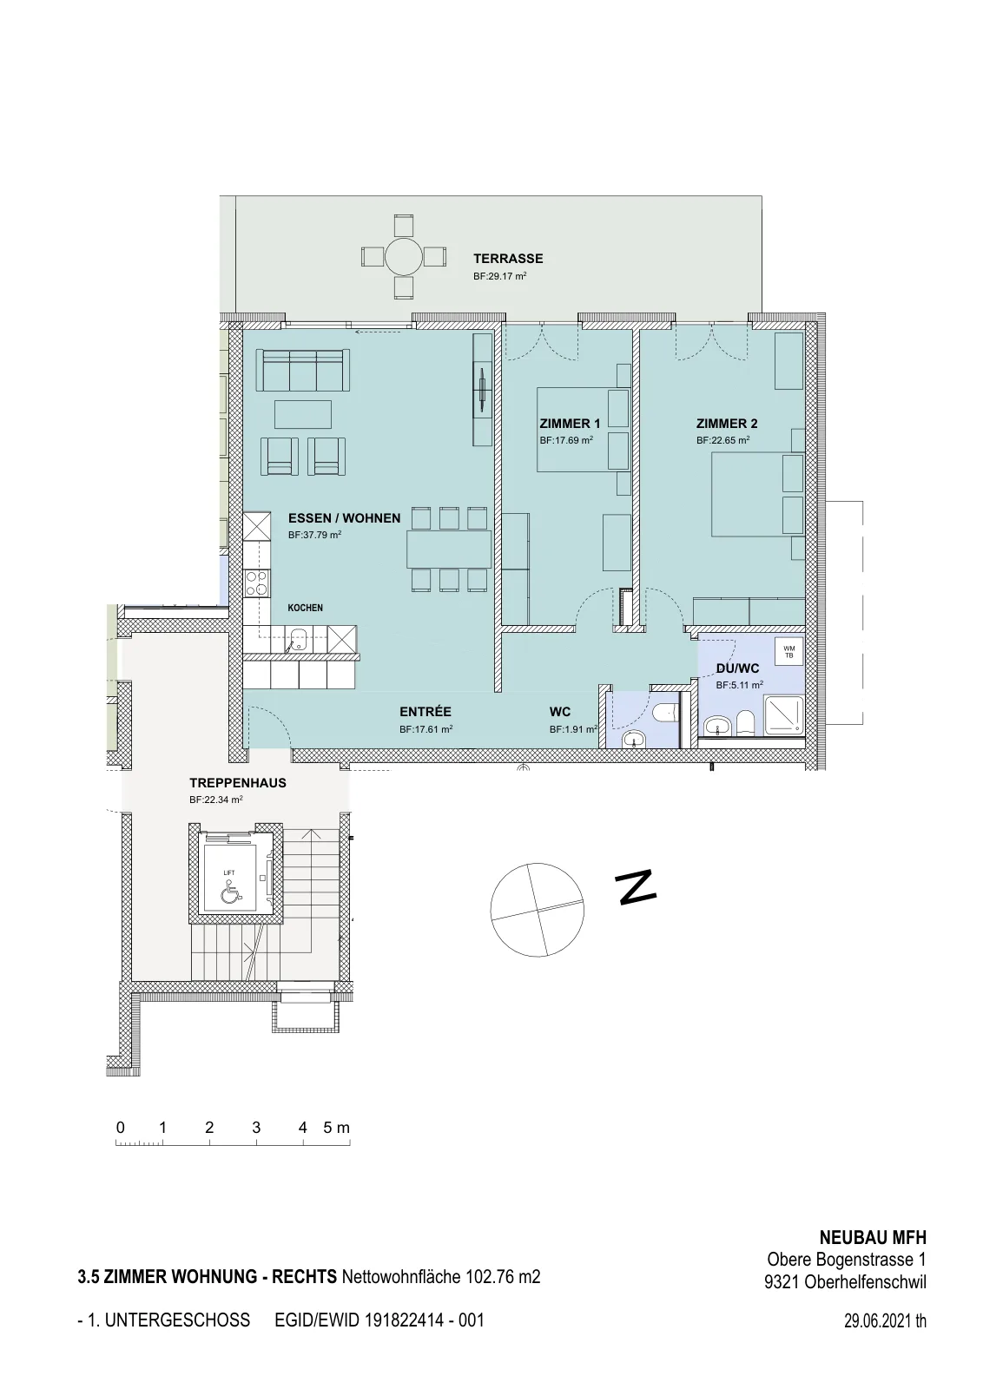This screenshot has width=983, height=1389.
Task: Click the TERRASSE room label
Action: coord(508,259)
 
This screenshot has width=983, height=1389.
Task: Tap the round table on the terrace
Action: coord(403,257)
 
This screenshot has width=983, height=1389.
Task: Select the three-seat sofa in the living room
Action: coord(303,370)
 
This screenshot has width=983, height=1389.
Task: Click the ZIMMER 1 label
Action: coord(570,425)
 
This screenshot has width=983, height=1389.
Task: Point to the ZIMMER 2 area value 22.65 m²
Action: coord(722,440)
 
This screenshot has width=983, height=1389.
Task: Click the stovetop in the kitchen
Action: coord(257,583)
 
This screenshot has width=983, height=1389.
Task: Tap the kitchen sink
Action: coord(299,638)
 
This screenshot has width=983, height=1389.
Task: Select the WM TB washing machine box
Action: coord(788,652)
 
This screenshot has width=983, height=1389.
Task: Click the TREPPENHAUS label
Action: coord(238,782)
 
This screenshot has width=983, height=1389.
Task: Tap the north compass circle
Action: coord(537,910)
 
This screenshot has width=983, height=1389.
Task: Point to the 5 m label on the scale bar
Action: coord(337,1128)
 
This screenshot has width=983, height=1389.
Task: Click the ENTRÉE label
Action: coord(425,712)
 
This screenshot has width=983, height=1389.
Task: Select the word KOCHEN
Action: coord(305,608)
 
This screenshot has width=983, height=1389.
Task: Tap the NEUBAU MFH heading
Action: coord(873,1238)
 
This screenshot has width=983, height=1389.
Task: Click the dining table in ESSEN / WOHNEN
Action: coord(449,549)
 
